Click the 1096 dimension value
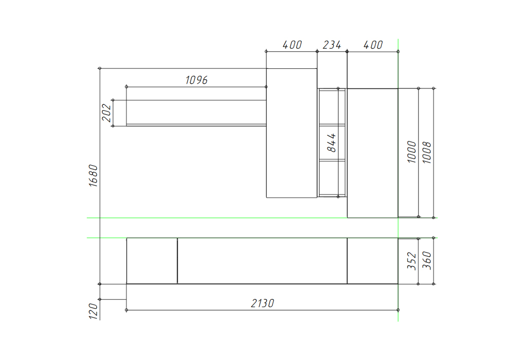pyautogui.click(x=196, y=80)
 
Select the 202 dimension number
pyautogui.click(x=106, y=113)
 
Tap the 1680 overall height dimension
pyautogui.click(x=94, y=176)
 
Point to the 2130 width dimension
pyautogui.click(x=263, y=303)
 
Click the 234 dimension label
pyautogui.click(x=332, y=45)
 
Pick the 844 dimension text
pyautogui.click(x=332, y=142)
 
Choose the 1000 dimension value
pyautogui.click(x=411, y=152)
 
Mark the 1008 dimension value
pyautogui.click(x=427, y=152)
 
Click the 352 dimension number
pyautogui.click(x=411, y=261)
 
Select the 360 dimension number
pyautogui.click(x=427, y=260)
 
